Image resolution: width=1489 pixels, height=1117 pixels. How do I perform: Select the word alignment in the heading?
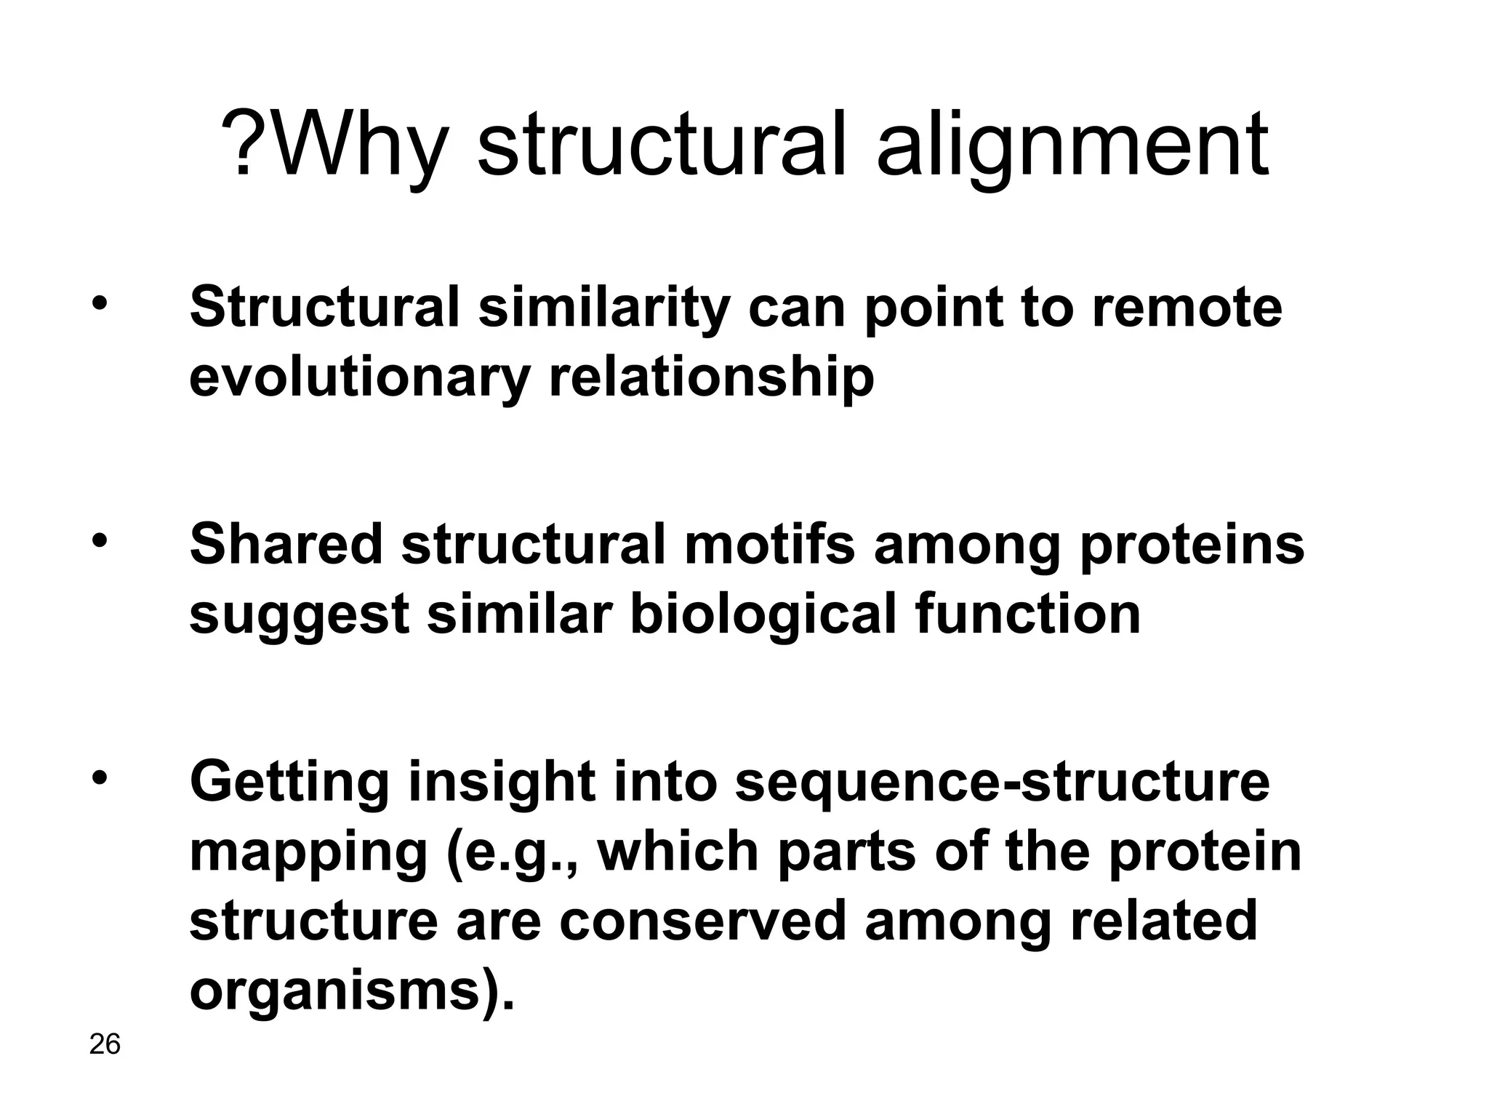[x=1072, y=145]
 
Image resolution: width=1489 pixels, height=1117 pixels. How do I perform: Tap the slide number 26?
[x=105, y=1044]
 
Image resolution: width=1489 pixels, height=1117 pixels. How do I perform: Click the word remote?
[x=1187, y=308]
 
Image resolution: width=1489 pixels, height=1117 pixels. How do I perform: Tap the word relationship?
[x=710, y=378]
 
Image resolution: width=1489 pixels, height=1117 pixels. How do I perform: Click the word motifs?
[x=769, y=545]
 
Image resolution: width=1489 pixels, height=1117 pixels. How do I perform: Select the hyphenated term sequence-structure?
[x=1002, y=782]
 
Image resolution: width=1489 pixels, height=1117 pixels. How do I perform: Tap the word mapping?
[x=308, y=852]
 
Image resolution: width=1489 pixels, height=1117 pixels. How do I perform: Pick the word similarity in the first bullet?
[x=604, y=308]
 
